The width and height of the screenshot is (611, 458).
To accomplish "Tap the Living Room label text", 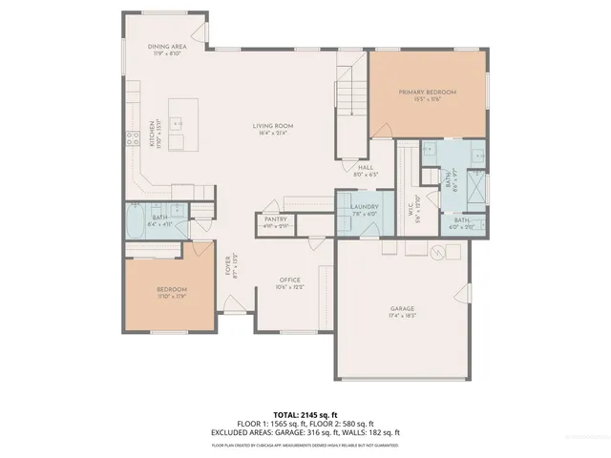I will [272, 125].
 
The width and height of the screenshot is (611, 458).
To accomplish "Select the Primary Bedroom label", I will [428, 92].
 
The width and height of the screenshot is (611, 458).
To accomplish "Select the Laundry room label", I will [365, 207].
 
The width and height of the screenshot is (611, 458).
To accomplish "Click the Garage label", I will [402, 309].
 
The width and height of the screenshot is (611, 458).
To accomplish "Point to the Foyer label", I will [228, 263].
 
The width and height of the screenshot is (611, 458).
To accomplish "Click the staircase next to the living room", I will [348, 95].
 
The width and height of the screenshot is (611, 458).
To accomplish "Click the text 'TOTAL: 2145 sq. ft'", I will [305, 414].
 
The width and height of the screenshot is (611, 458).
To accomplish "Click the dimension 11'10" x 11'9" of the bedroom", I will [172, 297].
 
